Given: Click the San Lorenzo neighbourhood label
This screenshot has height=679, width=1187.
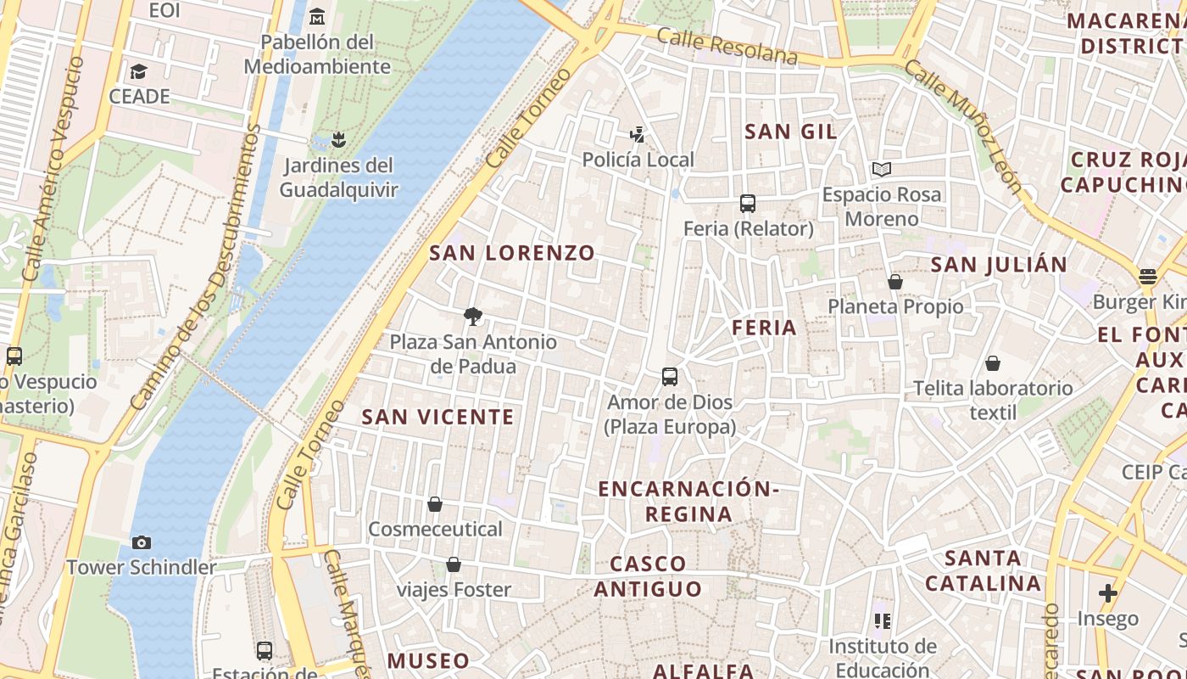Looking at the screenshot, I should coord(512,253).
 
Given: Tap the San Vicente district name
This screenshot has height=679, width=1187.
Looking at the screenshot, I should coord(437,417).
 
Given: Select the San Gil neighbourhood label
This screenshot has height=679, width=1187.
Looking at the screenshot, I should coord(790,132).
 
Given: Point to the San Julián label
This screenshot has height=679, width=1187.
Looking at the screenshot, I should coord(999,265).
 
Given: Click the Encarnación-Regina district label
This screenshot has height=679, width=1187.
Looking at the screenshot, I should coord(688,502).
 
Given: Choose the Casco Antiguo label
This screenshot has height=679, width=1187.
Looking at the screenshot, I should coord(649,576).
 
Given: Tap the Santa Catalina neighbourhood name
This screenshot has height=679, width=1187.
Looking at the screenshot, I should coord(983,570).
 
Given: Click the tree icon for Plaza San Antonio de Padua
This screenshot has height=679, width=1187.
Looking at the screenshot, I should coord(473,317).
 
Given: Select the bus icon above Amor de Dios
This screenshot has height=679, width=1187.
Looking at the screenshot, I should coord(670,376).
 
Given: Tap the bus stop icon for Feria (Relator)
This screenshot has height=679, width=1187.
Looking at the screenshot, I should coord(748,204).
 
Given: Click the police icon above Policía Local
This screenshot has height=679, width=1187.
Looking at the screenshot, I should coord(638,134).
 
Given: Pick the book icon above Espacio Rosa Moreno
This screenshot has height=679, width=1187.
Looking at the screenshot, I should coord(882,169).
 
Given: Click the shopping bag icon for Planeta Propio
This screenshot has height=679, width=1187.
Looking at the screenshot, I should coord(895,282).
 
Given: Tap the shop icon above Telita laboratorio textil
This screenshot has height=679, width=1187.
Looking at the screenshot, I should coord(993,363).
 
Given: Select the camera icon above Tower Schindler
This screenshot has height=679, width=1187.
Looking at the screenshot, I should coord(142,542).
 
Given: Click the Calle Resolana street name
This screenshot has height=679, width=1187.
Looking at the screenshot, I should coord(727,47).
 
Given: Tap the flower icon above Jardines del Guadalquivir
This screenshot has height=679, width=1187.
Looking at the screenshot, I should coord(338,139).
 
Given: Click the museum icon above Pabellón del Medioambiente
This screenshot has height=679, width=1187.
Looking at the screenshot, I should coord(317,16).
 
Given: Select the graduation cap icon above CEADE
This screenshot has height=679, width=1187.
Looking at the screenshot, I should coord(139,71).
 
